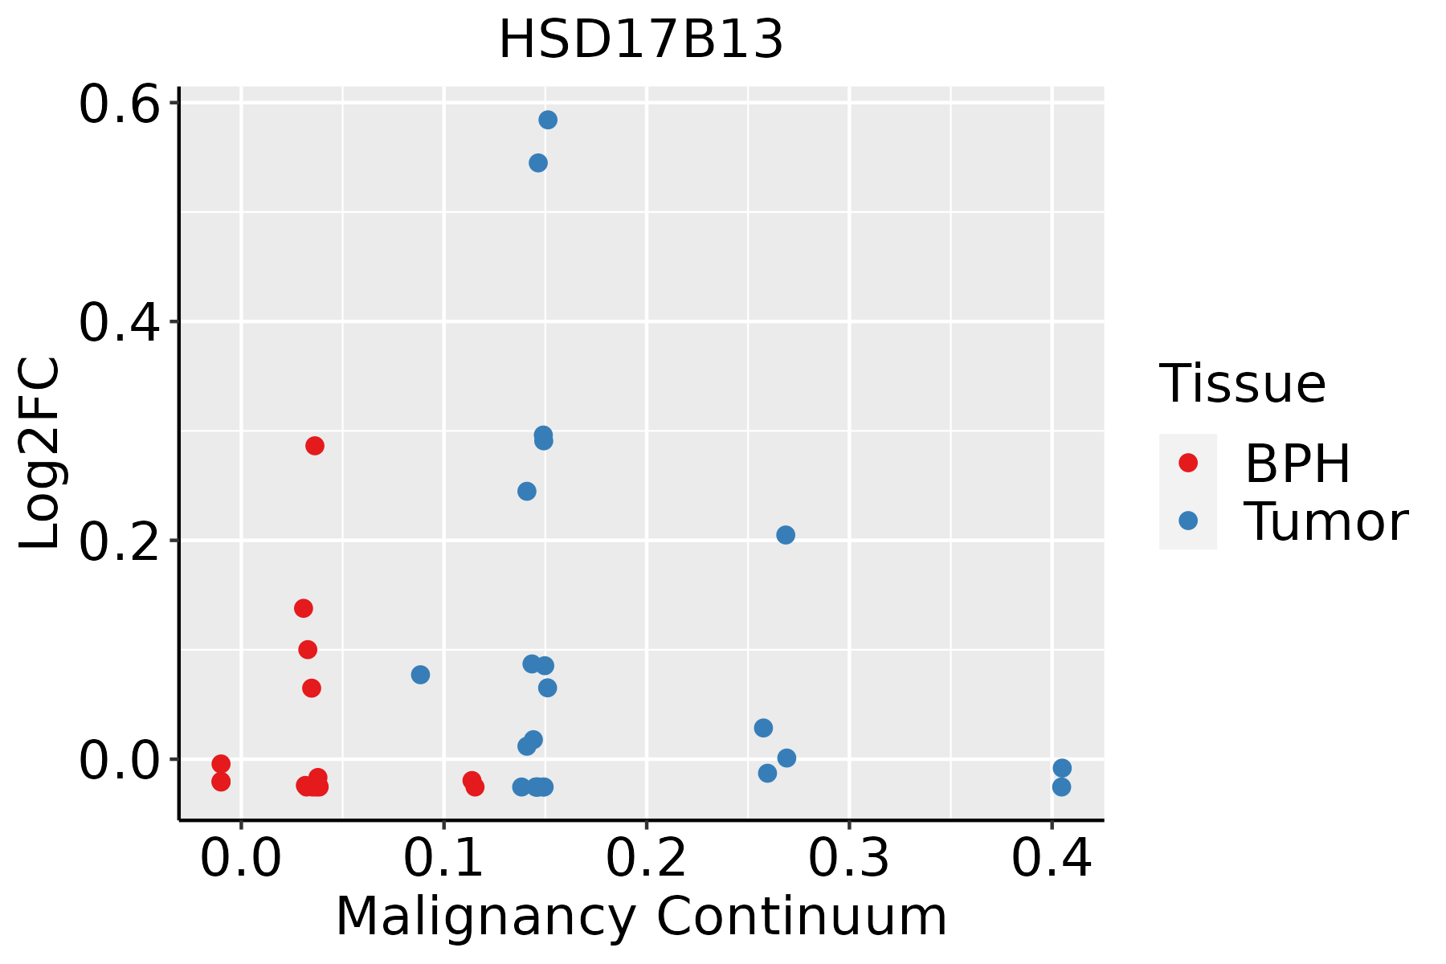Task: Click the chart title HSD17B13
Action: click(x=641, y=40)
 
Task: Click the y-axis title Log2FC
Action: click(x=40, y=454)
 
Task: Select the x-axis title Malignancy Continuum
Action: click(x=641, y=917)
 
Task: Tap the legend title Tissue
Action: click(x=1243, y=384)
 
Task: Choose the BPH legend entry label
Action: click(x=1297, y=464)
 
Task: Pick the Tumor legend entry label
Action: click(x=1325, y=522)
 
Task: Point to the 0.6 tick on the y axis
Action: click(x=118, y=104)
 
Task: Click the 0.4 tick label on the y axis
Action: click(x=118, y=322)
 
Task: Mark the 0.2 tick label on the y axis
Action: click(x=118, y=541)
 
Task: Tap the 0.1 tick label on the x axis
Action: click(x=443, y=859)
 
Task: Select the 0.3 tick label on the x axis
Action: click(x=848, y=859)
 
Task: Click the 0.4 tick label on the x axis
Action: click(x=1051, y=859)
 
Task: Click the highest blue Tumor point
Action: click(x=548, y=120)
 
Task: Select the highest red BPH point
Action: click(x=315, y=446)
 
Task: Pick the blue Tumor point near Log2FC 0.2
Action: click(x=786, y=535)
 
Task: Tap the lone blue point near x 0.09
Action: click(x=420, y=675)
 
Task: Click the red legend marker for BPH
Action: click(x=1187, y=463)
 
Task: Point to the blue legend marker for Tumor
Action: click(x=1187, y=521)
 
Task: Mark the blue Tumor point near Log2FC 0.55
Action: click(x=538, y=163)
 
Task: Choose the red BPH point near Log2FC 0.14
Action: click(x=304, y=608)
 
